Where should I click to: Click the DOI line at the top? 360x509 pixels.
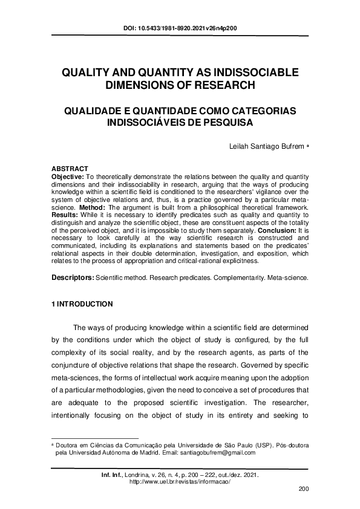[x=179, y=28]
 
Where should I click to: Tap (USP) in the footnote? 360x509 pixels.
[x=239, y=444]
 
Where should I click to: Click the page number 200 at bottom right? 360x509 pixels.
[x=304, y=488]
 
